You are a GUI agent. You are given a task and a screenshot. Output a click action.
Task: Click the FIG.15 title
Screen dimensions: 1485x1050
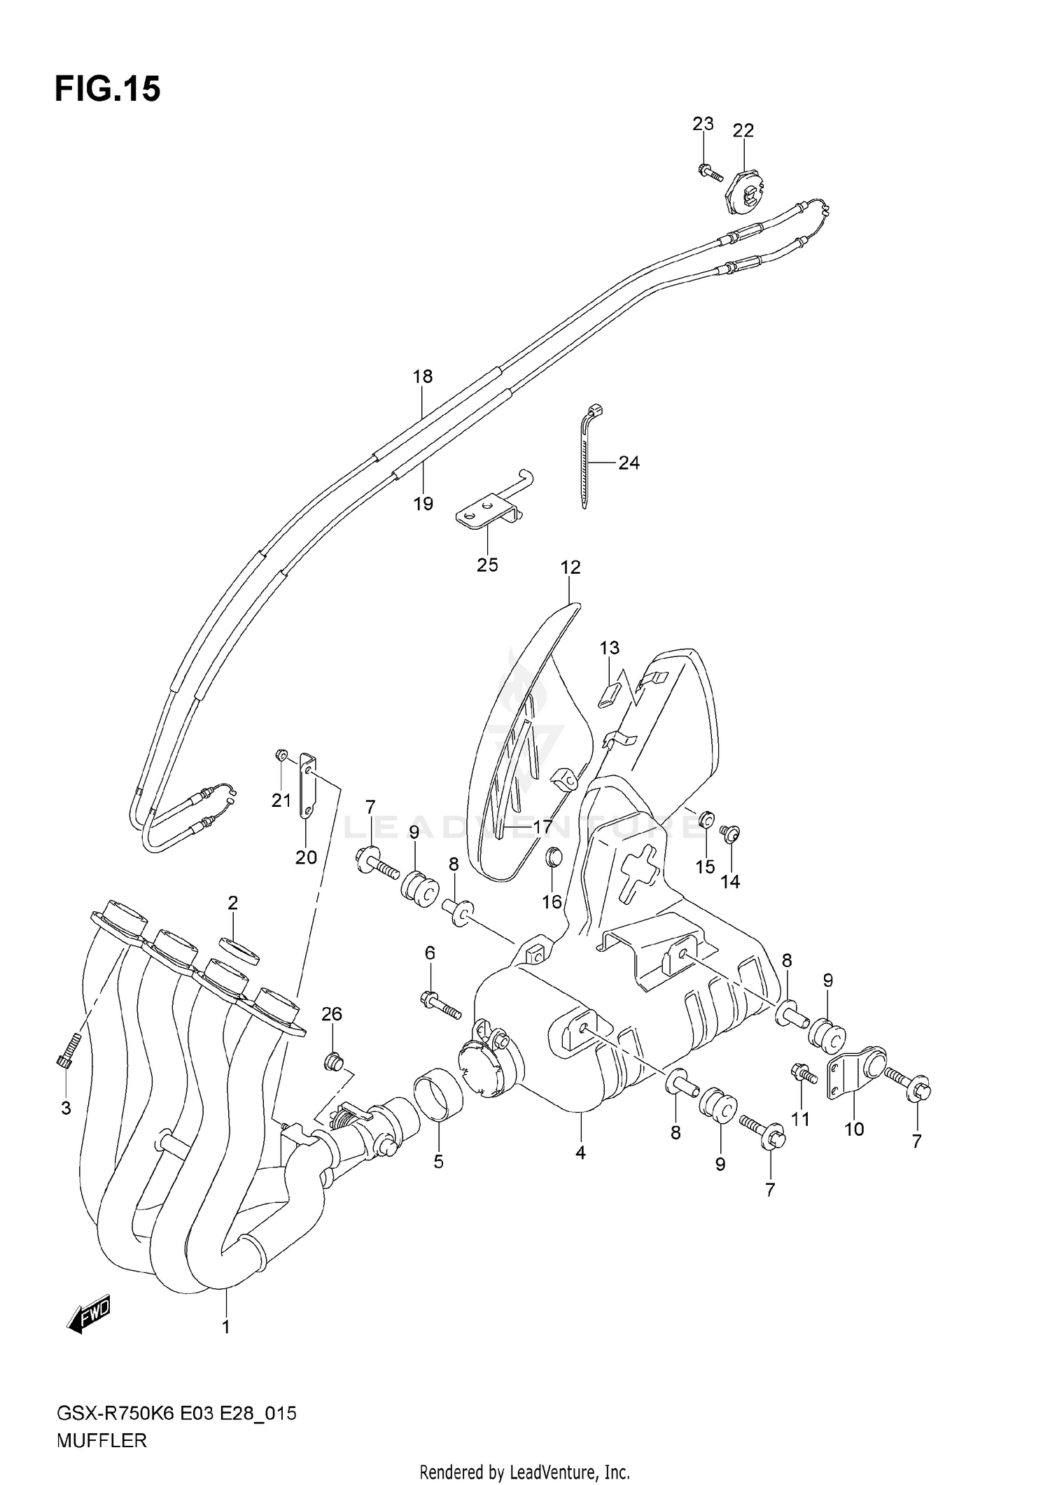tap(108, 89)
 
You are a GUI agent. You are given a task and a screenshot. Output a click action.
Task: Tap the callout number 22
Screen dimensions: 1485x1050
tap(743, 131)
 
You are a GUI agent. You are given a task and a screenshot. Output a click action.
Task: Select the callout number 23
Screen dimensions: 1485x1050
tap(703, 124)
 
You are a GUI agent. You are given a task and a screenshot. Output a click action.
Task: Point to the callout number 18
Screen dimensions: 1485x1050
tap(422, 376)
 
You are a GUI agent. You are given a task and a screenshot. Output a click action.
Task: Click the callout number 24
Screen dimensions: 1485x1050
tap(629, 463)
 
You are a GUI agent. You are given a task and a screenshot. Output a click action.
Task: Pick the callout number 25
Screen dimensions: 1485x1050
tap(487, 565)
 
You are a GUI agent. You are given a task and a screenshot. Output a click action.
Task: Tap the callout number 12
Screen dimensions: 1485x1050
tap(570, 567)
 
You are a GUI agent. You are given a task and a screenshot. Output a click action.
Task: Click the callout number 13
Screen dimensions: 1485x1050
tap(610, 647)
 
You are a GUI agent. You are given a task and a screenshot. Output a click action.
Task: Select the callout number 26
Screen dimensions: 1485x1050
tap(332, 1013)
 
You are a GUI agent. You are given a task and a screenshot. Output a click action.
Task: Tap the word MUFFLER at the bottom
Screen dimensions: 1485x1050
tap(101, 1441)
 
